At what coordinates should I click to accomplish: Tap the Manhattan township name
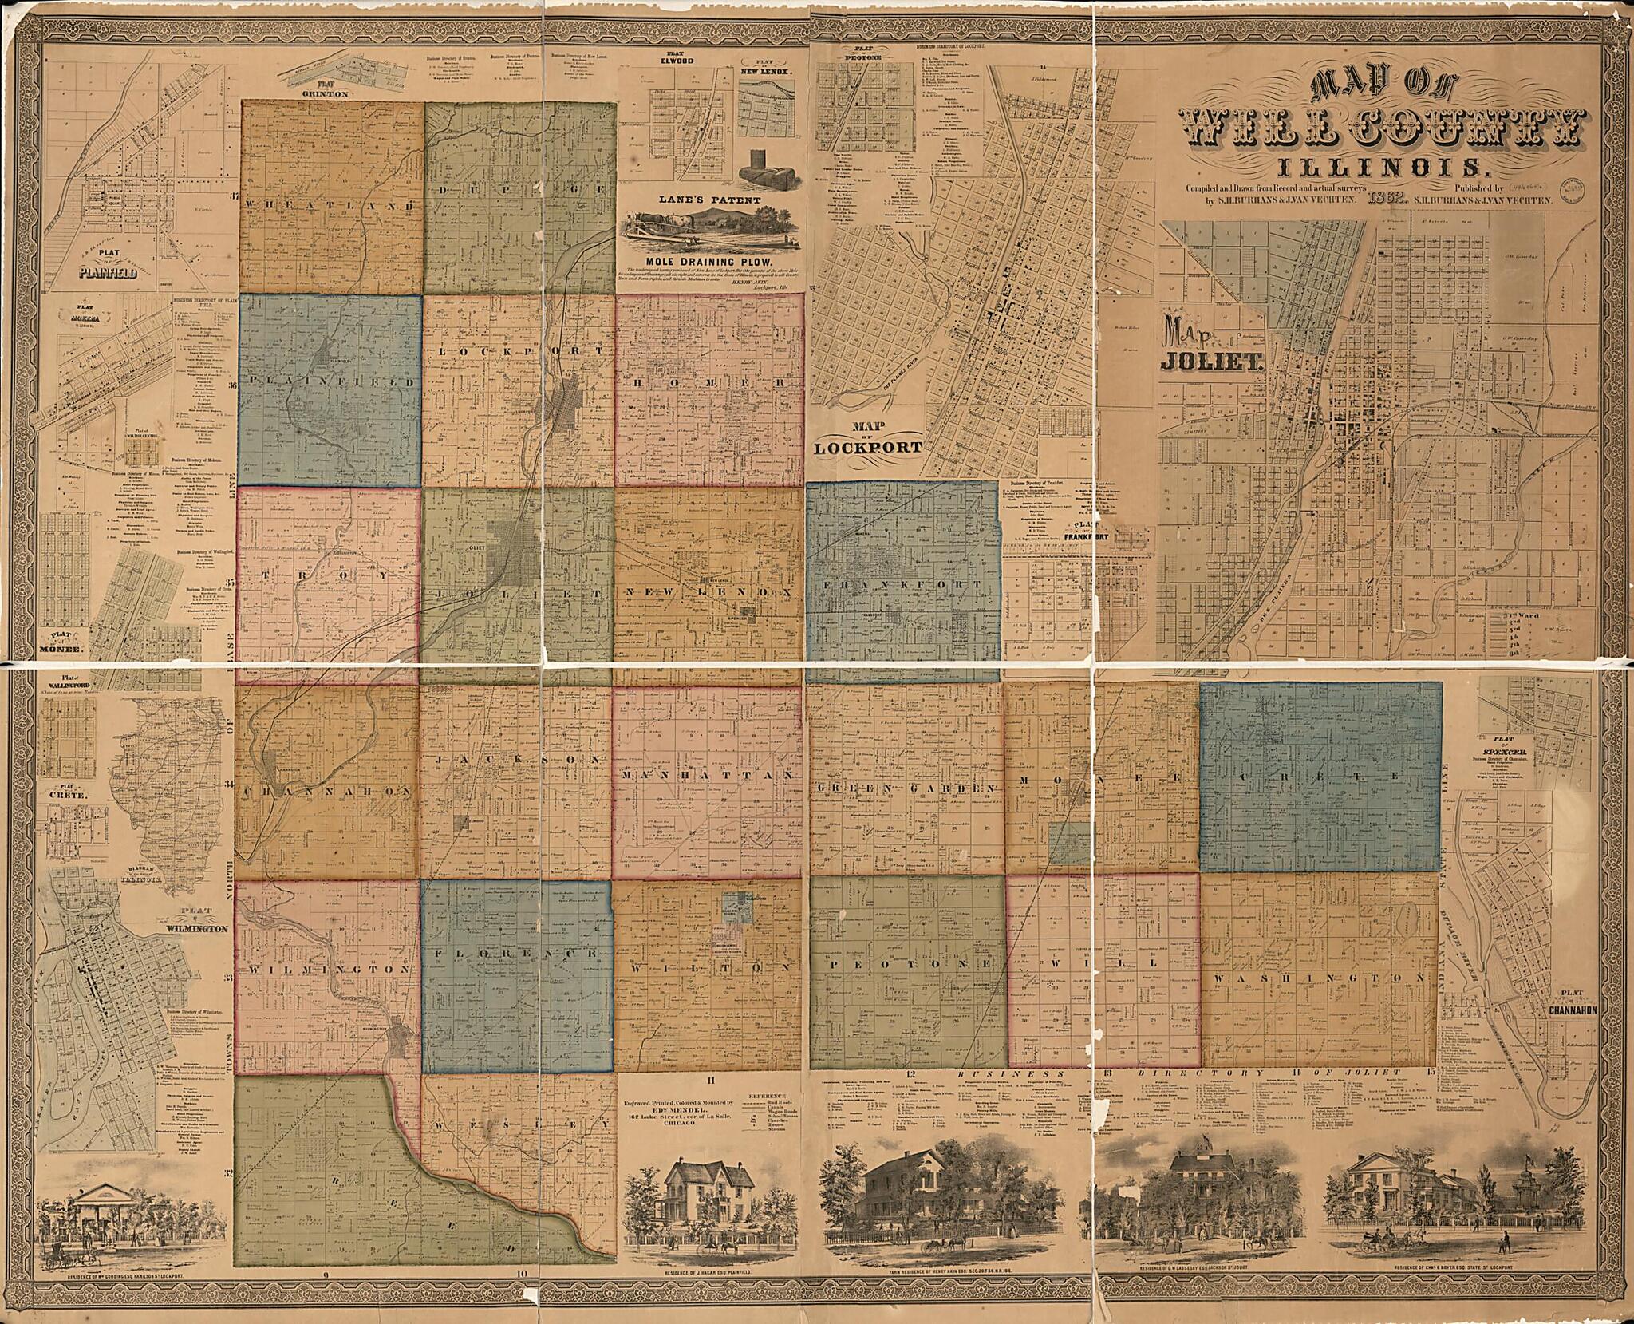click(708, 775)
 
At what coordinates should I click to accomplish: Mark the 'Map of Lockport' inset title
click(868, 441)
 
